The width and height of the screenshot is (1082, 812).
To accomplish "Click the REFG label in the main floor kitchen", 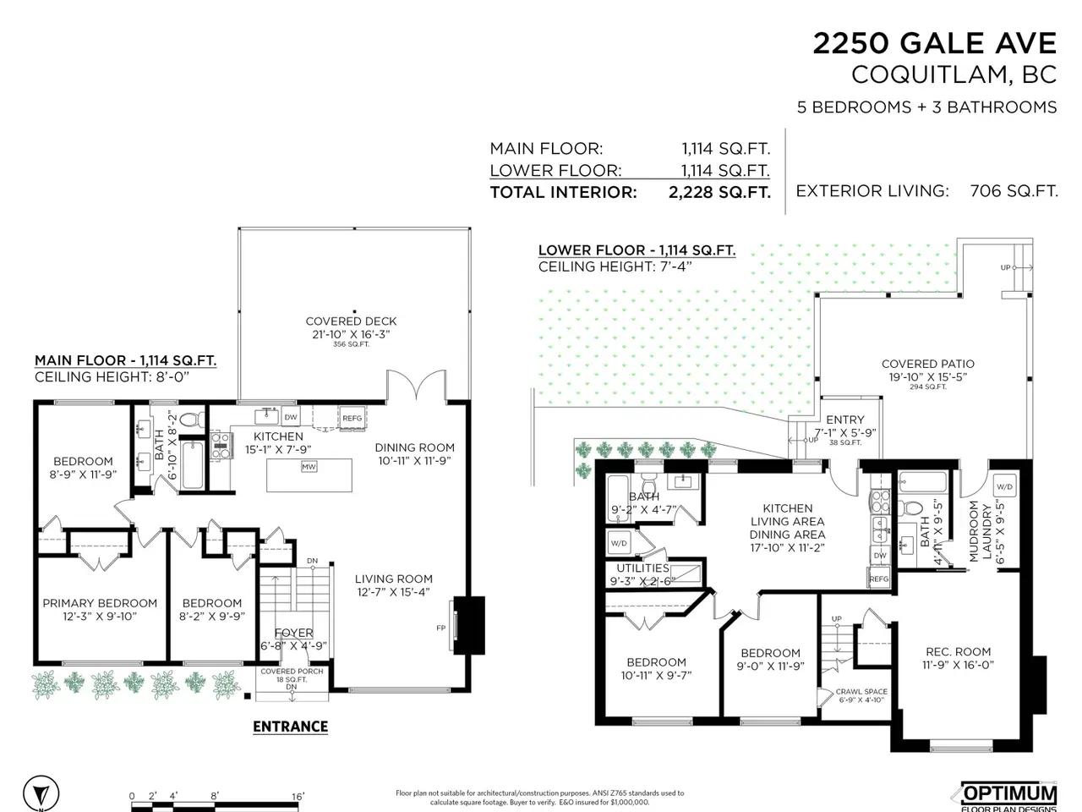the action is (x=352, y=418).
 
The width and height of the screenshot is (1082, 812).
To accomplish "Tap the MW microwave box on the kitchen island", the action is (x=309, y=466).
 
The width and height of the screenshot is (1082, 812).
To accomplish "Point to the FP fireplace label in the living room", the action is (x=440, y=628).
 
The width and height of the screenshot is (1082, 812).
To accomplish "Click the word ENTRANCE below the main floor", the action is (x=290, y=727).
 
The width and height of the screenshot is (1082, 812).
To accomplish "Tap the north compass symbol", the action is (x=41, y=794).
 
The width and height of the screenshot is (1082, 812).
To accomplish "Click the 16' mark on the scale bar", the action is (x=298, y=796).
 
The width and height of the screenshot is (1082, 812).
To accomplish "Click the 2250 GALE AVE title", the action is (x=935, y=43).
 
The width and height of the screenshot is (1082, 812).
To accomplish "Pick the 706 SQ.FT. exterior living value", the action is (x=1014, y=191).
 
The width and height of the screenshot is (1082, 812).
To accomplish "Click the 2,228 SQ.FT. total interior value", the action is (x=719, y=192).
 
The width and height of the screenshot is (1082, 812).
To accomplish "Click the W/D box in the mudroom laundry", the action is (x=1004, y=486).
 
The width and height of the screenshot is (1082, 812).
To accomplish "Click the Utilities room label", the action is (x=642, y=568).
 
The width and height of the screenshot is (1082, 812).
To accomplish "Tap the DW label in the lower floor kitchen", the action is (x=880, y=556).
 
